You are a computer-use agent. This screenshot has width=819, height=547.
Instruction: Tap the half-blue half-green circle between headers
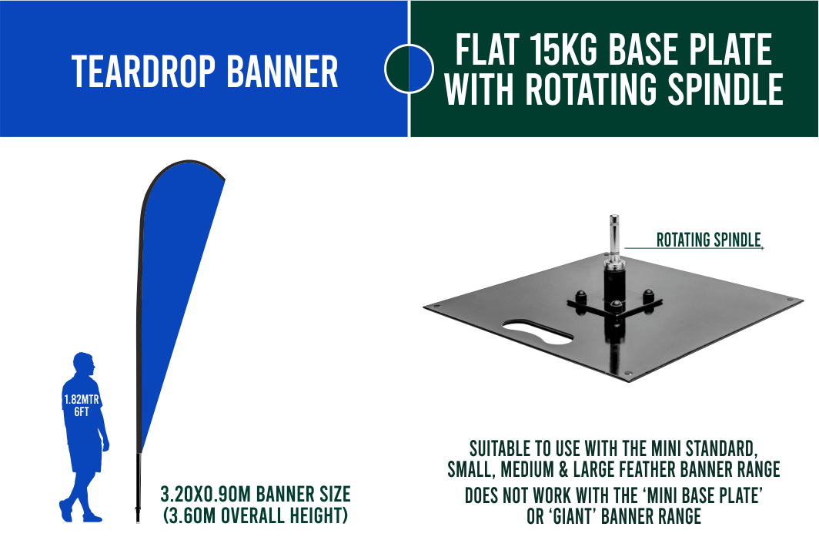point(409,69)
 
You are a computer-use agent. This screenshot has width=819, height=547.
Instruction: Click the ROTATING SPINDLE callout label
point(708,240)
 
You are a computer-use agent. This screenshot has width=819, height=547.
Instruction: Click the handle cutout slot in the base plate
point(538,333)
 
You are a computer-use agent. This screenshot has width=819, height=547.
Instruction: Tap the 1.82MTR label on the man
point(82,400)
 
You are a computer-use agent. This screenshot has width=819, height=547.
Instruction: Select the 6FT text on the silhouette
point(82,412)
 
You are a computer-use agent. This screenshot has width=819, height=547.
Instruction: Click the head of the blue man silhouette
point(84,364)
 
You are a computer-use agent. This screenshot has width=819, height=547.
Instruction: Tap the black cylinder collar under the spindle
point(614,283)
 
